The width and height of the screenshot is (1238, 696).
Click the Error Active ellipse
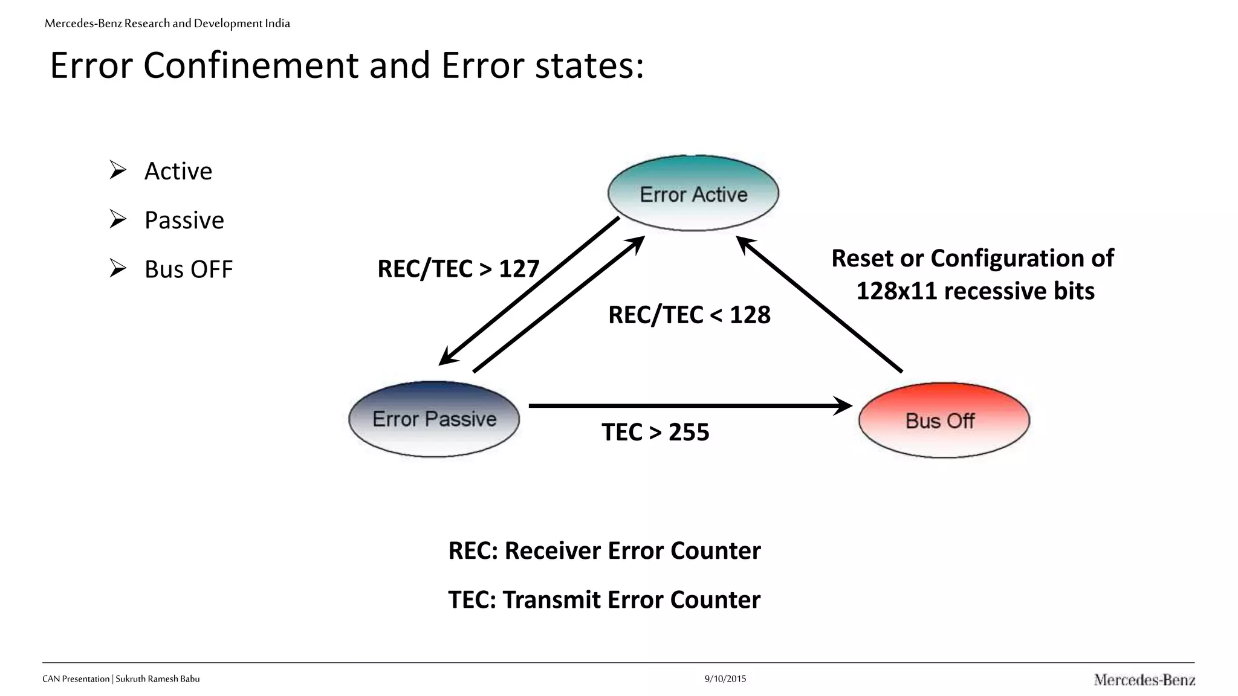tap(693, 193)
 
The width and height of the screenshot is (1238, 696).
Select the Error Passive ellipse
tap(434, 419)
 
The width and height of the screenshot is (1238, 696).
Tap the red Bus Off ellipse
tap(944, 420)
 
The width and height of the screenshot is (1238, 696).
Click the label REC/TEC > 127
tap(458, 269)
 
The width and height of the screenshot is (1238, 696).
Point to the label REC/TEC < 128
tap(689, 315)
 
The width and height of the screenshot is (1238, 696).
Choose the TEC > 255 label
tap(655, 432)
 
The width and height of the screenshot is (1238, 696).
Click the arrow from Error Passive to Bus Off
tap(689, 406)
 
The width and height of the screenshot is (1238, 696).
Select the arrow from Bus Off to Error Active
tap(819, 304)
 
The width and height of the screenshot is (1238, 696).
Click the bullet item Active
tap(178, 171)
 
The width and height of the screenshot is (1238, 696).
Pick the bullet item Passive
tap(184, 220)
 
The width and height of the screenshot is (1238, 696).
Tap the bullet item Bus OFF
tap(189, 269)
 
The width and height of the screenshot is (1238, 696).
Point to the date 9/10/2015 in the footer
tap(725, 678)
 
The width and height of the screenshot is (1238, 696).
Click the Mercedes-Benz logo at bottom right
tap(1144, 680)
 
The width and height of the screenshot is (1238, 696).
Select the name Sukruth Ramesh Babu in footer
tap(158, 678)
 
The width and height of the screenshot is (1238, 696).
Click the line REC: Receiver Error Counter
tap(604, 550)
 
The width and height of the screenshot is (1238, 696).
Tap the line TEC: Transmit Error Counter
tap(604, 599)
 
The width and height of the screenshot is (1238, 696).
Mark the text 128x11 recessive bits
tap(974, 291)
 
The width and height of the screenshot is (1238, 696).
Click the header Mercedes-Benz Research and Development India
tap(167, 24)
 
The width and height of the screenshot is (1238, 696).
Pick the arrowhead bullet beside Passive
tap(118, 219)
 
